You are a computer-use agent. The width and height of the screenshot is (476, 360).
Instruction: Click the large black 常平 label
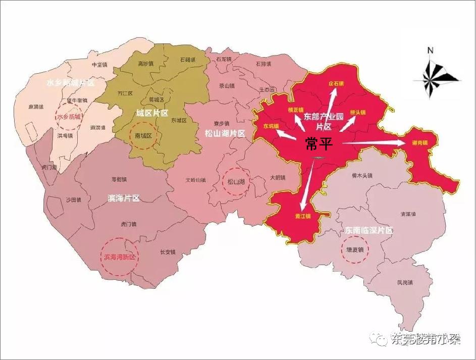[x=319, y=144]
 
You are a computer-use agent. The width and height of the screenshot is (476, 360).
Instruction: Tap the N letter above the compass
[x=431, y=50]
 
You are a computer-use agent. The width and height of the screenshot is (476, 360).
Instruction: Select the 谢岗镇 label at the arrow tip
[x=419, y=143]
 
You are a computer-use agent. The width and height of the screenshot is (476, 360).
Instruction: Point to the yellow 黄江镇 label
[x=302, y=216]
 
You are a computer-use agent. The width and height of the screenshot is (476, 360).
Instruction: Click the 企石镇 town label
[x=336, y=83]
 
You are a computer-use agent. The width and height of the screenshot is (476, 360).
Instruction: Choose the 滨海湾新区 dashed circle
[x=120, y=257]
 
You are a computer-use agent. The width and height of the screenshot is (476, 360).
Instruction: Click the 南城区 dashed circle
[x=143, y=136]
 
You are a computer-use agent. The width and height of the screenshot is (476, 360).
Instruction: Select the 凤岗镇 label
[x=405, y=282]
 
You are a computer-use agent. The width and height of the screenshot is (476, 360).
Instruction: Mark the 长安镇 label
[x=167, y=252]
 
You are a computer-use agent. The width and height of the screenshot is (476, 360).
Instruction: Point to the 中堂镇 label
[x=99, y=65]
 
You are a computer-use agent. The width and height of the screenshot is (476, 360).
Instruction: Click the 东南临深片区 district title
[x=368, y=230]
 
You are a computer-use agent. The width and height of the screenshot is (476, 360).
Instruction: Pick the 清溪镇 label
[x=408, y=214]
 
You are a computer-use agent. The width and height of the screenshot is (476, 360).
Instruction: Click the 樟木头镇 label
[x=361, y=176]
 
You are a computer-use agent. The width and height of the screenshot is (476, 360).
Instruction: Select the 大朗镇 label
[x=277, y=177]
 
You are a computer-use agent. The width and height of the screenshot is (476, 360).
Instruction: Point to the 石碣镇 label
[x=187, y=60]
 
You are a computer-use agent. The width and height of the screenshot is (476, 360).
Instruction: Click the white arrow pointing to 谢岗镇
[x=374, y=144]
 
